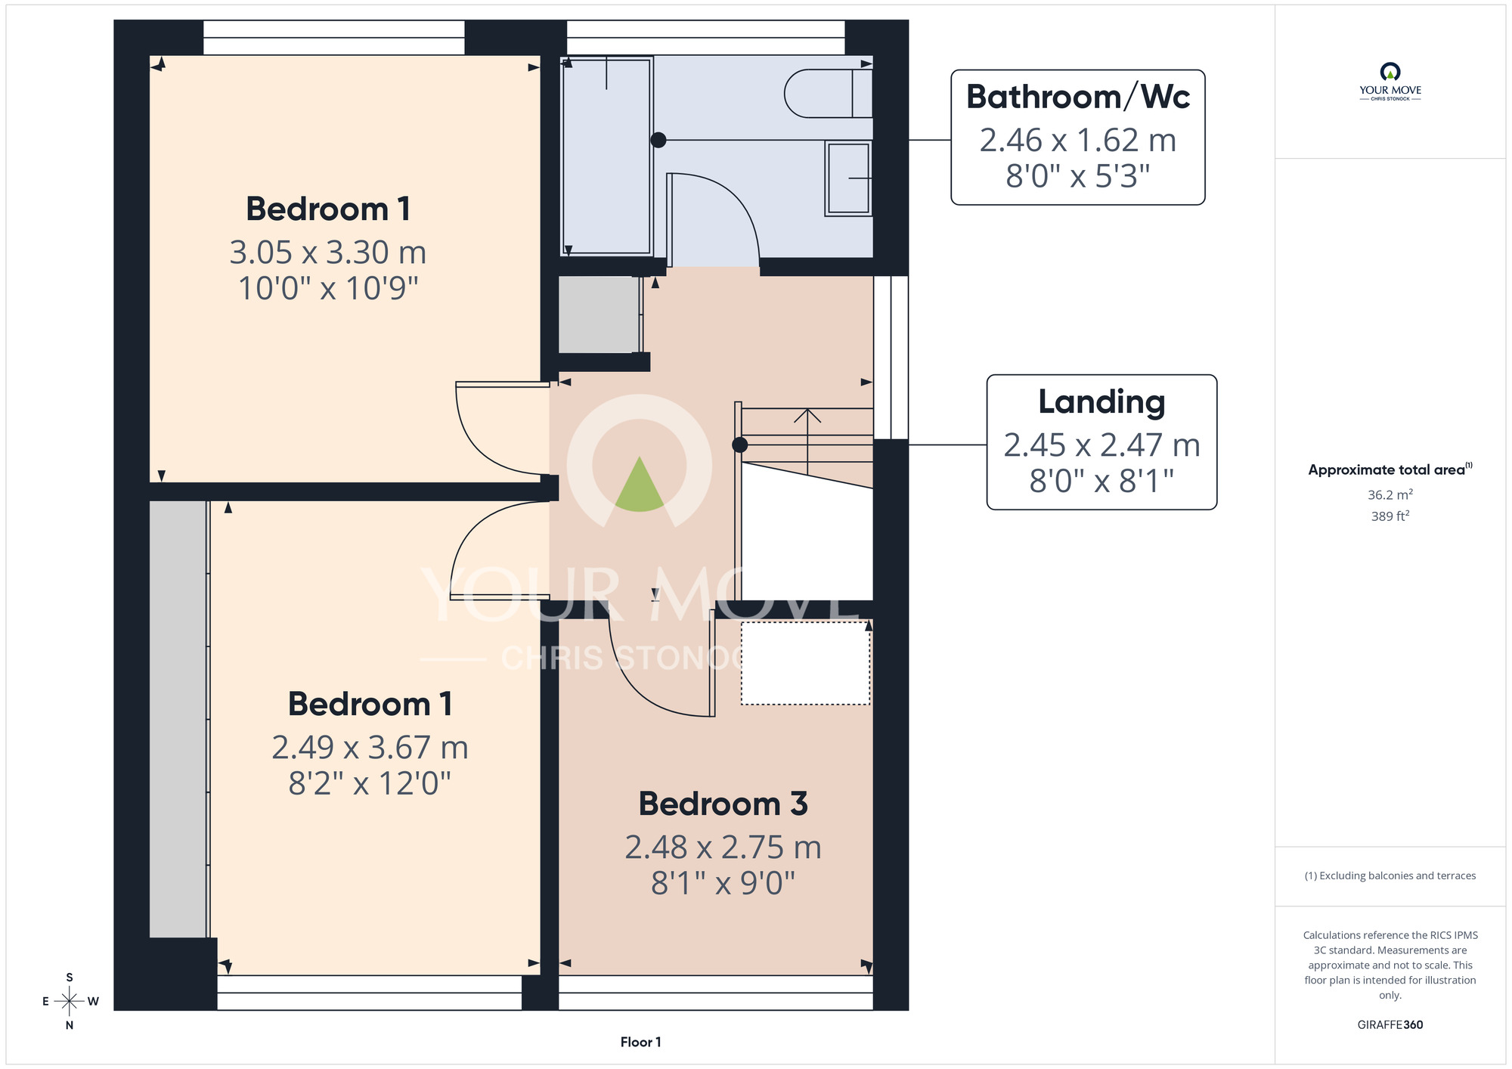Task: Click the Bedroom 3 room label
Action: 723,804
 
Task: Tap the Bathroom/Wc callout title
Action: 1078,97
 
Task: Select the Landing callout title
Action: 1101,402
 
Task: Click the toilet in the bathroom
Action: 829,94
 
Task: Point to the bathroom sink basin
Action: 848,178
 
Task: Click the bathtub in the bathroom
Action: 606,156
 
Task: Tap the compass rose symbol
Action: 70,1002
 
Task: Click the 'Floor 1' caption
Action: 640,1043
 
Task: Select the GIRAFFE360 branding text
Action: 1390,1025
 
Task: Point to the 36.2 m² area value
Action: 1390,494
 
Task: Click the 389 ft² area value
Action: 1390,516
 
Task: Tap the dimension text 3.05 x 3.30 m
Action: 328,253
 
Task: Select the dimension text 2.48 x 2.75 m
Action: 723,847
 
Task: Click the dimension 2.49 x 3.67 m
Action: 370,748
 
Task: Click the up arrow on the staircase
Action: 807,442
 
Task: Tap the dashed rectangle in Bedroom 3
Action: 805,663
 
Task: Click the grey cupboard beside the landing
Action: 599,315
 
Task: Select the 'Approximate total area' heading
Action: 1390,469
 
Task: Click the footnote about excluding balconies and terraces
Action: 1390,876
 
